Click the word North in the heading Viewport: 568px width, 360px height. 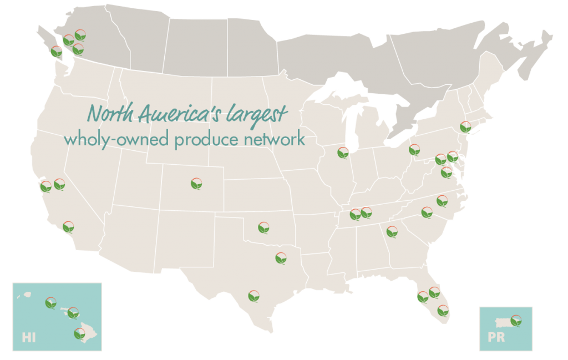pos(109,114)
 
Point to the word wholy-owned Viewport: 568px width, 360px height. pos(105,139)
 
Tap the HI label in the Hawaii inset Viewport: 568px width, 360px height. pos(28,337)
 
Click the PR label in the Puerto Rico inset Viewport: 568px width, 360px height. pos(496,337)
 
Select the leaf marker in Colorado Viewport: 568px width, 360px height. pos(196,183)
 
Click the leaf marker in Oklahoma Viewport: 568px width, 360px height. pos(264,227)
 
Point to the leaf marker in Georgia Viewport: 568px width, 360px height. pos(392,232)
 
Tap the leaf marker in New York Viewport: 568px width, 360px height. pos(465,126)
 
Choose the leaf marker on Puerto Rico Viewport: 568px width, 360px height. pos(516,320)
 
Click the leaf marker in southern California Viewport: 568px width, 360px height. pos(68,226)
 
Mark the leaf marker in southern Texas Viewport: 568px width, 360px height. pos(253,295)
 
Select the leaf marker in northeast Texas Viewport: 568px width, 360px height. pos(281,258)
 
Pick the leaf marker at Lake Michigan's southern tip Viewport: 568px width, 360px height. pos(343,153)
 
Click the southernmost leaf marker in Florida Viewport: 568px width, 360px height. pos(443,310)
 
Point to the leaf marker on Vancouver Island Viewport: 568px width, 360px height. pos(56,52)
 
